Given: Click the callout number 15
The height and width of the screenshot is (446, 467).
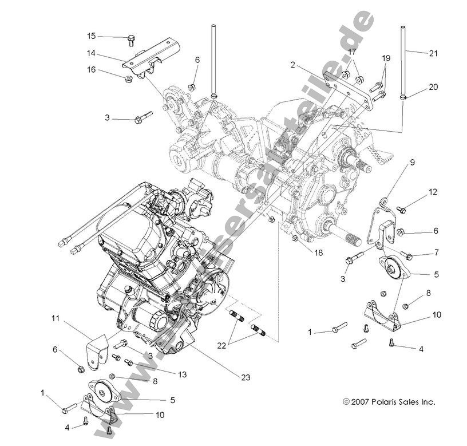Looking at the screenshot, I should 92,36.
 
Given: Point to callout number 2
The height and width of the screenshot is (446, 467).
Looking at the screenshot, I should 292,65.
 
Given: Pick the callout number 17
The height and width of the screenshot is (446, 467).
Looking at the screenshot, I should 352,52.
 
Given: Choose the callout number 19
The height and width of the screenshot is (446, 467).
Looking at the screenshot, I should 386,58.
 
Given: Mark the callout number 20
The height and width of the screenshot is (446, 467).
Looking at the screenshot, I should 433,87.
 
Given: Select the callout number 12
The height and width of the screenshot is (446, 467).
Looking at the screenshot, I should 433,192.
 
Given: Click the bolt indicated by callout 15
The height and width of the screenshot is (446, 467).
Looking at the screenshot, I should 131,39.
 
